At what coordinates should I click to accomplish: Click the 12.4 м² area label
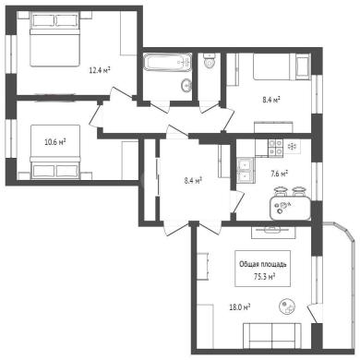pyautogui.click(x=100, y=71)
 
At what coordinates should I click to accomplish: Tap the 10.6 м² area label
pyautogui.click(x=55, y=142)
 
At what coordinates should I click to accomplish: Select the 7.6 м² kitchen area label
pyautogui.click(x=278, y=174)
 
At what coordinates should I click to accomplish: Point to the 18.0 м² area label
pyautogui.click(x=240, y=306)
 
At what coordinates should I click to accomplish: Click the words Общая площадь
pyautogui.click(x=263, y=264)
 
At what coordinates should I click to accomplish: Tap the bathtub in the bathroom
pyautogui.click(x=168, y=63)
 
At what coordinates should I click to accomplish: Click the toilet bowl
pyautogui.click(x=210, y=61)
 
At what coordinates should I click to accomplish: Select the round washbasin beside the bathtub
pyautogui.click(x=186, y=85)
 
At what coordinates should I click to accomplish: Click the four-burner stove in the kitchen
pyautogui.click(x=275, y=148)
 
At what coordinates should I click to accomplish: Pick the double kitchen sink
pyautogui.click(x=245, y=169)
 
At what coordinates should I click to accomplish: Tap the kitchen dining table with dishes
pyautogui.click(x=290, y=209)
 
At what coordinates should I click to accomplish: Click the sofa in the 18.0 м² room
pyautogui.click(x=272, y=335)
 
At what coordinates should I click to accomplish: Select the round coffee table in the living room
pyautogui.click(x=288, y=306)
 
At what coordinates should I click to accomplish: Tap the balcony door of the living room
pyautogui.click(x=315, y=313)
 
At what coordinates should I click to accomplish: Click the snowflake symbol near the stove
pyautogui.click(x=291, y=147)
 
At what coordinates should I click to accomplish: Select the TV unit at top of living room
pyautogui.click(x=273, y=233)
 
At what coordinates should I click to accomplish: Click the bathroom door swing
pyautogui.click(x=160, y=107)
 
